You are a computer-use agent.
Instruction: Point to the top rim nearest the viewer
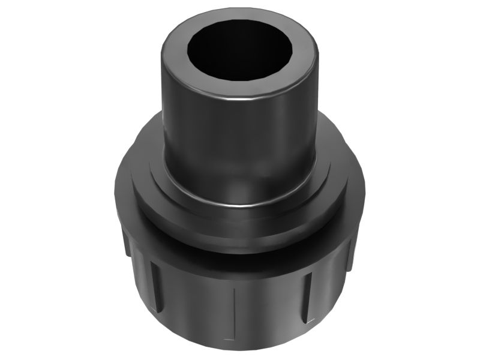click(x=240, y=90)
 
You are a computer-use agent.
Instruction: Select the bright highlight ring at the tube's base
click(x=240, y=204)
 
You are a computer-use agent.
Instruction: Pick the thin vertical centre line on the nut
click(x=233, y=312)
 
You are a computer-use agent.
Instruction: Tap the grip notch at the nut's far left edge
click(x=124, y=240)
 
